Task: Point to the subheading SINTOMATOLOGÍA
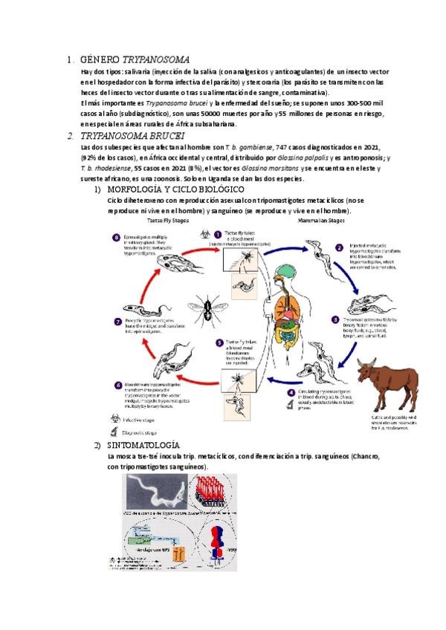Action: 146,445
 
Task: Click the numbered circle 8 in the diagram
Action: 116,238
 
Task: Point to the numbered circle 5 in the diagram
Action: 219,342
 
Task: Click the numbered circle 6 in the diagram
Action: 117,386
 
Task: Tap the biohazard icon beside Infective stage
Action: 115,420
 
